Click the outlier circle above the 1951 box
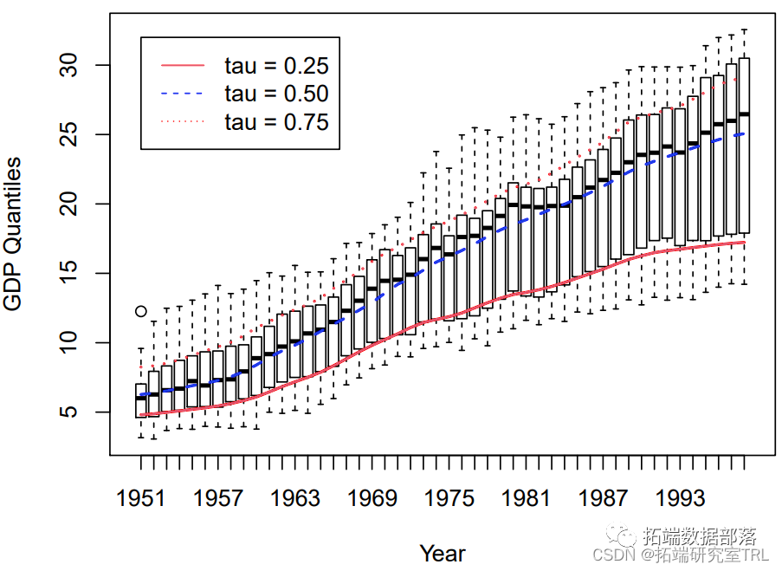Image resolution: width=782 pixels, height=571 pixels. pyautogui.click(x=141, y=311)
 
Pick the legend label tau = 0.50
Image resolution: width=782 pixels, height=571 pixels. pyautogui.click(x=276, y=94)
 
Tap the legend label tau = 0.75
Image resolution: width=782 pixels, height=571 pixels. pyautogui.click(x=276, y=122)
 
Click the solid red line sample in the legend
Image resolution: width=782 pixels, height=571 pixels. pyautogui.click(x=183, y=65)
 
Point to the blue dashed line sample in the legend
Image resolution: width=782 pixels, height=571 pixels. pyautogui.click(x=183, y=94)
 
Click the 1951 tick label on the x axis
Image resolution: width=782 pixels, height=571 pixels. pyautogui.click(x=141, y=498)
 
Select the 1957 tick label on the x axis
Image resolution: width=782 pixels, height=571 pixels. pyautogui.click(x=218, y=498)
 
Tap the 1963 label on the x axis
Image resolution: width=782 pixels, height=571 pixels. pyautogui.click(x=295, y=498)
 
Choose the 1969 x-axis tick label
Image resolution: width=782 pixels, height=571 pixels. pyautogui.click(x=372, y=498)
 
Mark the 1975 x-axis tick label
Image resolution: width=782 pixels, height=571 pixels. pyautogui.click(x=449, y=498)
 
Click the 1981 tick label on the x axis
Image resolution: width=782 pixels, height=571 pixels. pyautogui.click(x=527, y=498)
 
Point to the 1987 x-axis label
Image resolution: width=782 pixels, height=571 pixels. pyautogui.click(x=604, y=498)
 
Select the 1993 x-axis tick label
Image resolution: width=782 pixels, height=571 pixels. pyautogui.click(x=681, y=498)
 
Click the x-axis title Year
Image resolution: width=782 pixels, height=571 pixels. pyautogui.click(x=443, y=553)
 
